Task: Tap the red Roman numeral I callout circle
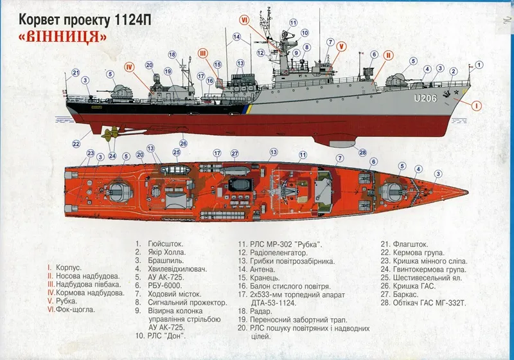[x=476, y=105]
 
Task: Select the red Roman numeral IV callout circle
[x=129, y=65]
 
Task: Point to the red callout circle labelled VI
[x=245, y=20]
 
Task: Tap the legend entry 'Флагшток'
[x=403, y=244]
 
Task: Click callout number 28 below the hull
[x=363, y=152]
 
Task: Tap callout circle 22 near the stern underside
[x=76, y=143]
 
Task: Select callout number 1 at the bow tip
[x=479, y=64]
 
